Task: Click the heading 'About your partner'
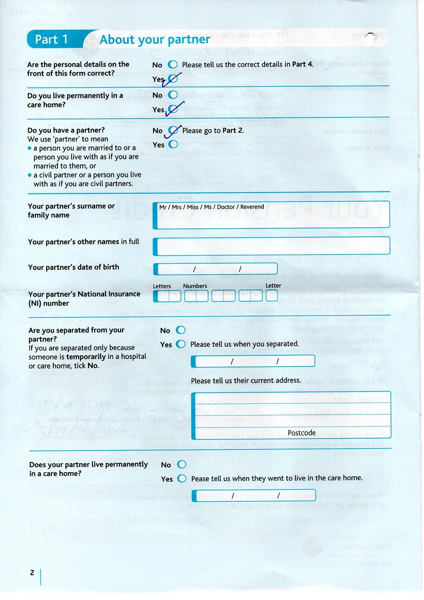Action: [155, 40]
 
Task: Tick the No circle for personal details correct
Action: [173, 65]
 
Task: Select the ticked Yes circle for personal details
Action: [173, 79]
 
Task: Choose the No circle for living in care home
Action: [173, 95]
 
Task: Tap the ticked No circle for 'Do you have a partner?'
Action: [173, 130]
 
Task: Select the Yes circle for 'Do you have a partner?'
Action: [173, 144]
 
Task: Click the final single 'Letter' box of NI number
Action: [272, 296]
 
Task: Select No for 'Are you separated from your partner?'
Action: [180, 330]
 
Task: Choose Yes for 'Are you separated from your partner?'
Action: [180, 344]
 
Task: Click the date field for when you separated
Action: [254, 361]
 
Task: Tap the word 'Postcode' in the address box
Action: [302, 433]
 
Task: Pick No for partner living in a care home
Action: [181, 465]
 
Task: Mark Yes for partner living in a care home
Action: [182, 479]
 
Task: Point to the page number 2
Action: [32, 573]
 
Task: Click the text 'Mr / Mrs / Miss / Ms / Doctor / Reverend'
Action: [212, 207]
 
